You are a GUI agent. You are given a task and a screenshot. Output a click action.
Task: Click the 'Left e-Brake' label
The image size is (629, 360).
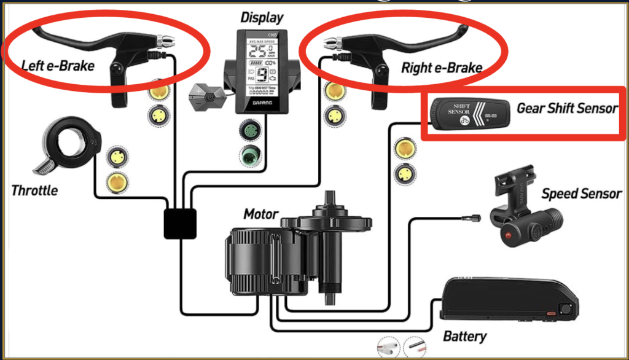pyautogui.click(x=58, y=65)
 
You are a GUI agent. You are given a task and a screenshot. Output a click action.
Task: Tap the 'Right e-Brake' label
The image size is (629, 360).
pyautogui.click(x=441, y=67)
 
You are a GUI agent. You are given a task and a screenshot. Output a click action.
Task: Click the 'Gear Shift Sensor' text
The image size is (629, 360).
pyautogui.click(x=566, y=108)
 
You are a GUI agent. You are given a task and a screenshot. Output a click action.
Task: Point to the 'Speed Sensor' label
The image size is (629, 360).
pyautogui.click(x=581, y=194)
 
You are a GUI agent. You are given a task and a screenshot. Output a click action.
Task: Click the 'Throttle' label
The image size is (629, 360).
pyautogui.click(x=34, y=190)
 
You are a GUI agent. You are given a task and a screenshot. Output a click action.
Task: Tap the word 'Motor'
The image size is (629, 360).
pyautogui.click(x=260, y=215)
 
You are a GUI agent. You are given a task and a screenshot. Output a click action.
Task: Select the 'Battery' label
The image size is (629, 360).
pyautogui.click(x=464, y=336)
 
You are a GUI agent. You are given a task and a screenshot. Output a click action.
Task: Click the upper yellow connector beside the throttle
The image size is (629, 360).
pyautogui.click(x=115, y=157)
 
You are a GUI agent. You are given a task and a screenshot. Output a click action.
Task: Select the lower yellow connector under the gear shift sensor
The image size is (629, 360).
pyautogui.click(x=404, y=173)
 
